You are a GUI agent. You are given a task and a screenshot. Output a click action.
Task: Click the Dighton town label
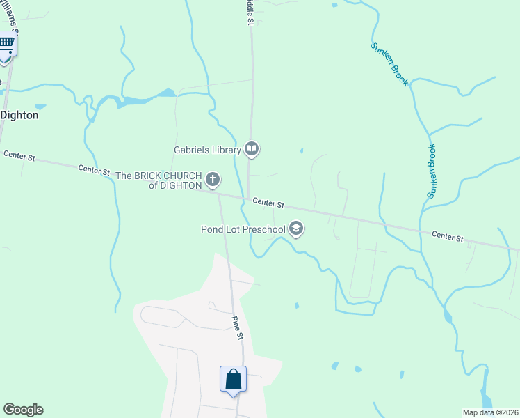(19, 115)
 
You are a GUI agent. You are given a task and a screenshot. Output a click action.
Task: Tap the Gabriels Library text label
(207, 149)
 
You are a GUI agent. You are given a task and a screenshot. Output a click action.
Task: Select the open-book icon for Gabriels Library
(252, 148)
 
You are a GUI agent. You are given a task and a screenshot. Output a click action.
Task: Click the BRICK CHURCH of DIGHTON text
(159, 180)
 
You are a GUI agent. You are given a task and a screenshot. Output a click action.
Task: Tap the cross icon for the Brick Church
(213, 180)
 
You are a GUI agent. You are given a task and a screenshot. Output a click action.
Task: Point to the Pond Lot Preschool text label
(243, 229)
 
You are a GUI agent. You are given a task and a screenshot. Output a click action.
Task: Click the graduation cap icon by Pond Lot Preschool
(296, 229)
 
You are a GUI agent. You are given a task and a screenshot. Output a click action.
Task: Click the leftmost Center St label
(19, 156)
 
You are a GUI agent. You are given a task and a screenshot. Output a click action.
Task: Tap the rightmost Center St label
(447, 237)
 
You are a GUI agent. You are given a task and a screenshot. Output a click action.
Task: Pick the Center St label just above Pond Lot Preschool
(268, 203)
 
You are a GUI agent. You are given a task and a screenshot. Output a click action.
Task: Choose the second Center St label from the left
(95, 169)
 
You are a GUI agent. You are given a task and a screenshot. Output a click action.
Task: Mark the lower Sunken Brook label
(431, 171)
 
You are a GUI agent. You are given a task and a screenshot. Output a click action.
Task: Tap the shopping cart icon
(6, 44)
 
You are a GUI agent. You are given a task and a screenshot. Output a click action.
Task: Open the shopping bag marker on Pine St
(234, 380)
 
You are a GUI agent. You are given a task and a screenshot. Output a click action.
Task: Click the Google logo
(23, 410)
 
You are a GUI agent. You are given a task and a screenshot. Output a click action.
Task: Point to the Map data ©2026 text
(490, 412)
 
